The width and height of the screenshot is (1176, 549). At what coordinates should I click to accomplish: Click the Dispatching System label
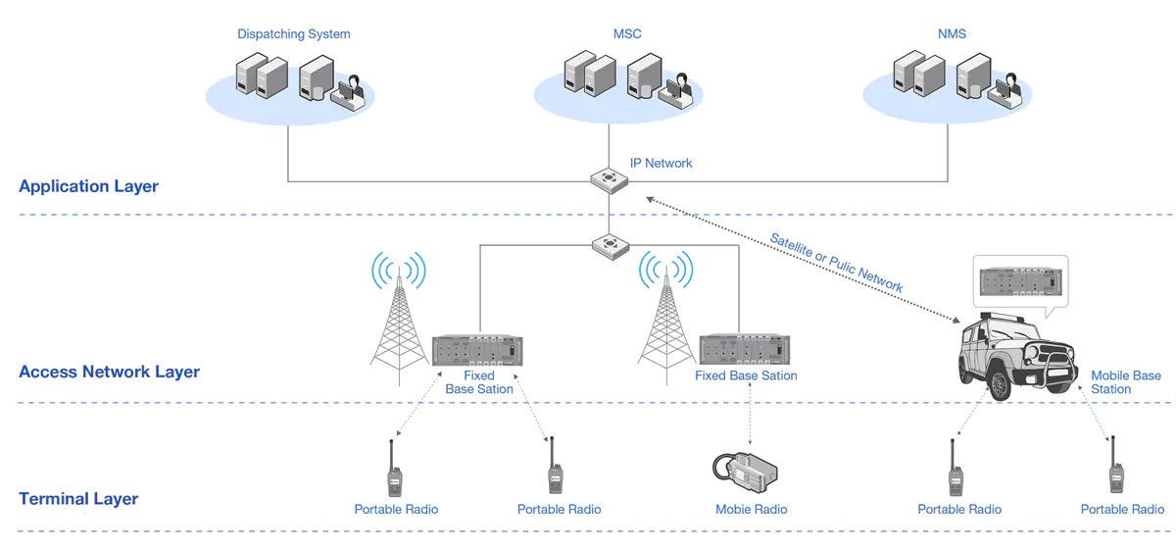[293, 34]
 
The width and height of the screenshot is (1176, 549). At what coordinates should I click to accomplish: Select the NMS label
[951, 34]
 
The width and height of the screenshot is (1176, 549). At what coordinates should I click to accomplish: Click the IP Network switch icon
[609, 180]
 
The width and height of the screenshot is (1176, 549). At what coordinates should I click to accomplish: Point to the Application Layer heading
[88, 186]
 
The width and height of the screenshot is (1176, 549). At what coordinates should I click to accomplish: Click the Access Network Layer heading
[109, 372]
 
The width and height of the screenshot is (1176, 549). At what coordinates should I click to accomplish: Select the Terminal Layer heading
[78, 499]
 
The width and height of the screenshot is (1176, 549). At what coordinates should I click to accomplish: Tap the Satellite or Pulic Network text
[835, 262]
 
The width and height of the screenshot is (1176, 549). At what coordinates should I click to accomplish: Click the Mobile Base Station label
[1125, 382]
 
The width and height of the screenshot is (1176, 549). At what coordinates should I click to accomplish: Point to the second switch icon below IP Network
[609, 245]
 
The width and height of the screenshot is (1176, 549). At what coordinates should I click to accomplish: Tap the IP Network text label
[661, 163]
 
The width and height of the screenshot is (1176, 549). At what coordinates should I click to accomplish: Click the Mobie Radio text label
[751, 510]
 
